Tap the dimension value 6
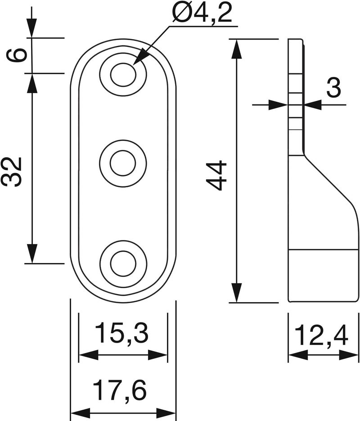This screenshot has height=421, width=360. click(17, 55)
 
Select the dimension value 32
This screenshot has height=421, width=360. click(12, 172)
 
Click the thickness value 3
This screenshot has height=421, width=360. click(333, 87)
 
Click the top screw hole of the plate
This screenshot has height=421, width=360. click(123, 75)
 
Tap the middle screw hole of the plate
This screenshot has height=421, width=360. click(123, 163)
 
